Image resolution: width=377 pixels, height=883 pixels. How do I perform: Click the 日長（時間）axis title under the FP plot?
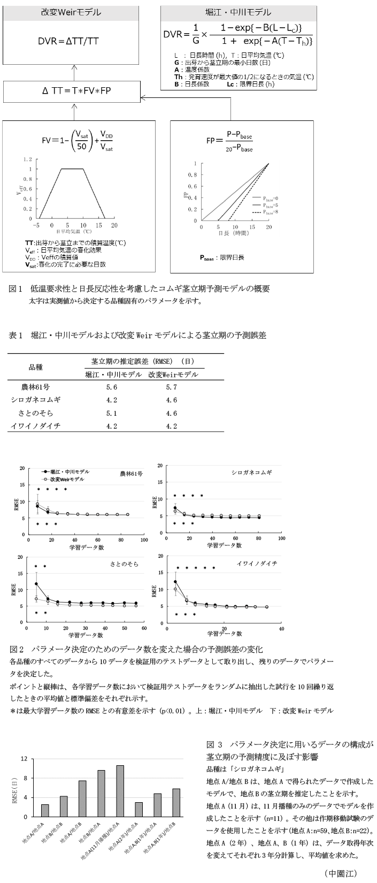[x=234, y=233]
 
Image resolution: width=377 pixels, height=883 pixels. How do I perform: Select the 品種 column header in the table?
[x=35, y=367]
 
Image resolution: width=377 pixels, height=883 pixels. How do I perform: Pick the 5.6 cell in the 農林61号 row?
[x=112, y=387]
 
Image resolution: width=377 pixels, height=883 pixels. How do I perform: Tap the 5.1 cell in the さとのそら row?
[x=112, y=413]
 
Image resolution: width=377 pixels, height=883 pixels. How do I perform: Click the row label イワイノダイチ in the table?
[x=35, y=427]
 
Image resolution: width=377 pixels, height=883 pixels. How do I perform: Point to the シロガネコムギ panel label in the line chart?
[x=251, y=473]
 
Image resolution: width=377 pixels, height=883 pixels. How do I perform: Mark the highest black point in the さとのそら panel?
[x=36, y=584]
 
